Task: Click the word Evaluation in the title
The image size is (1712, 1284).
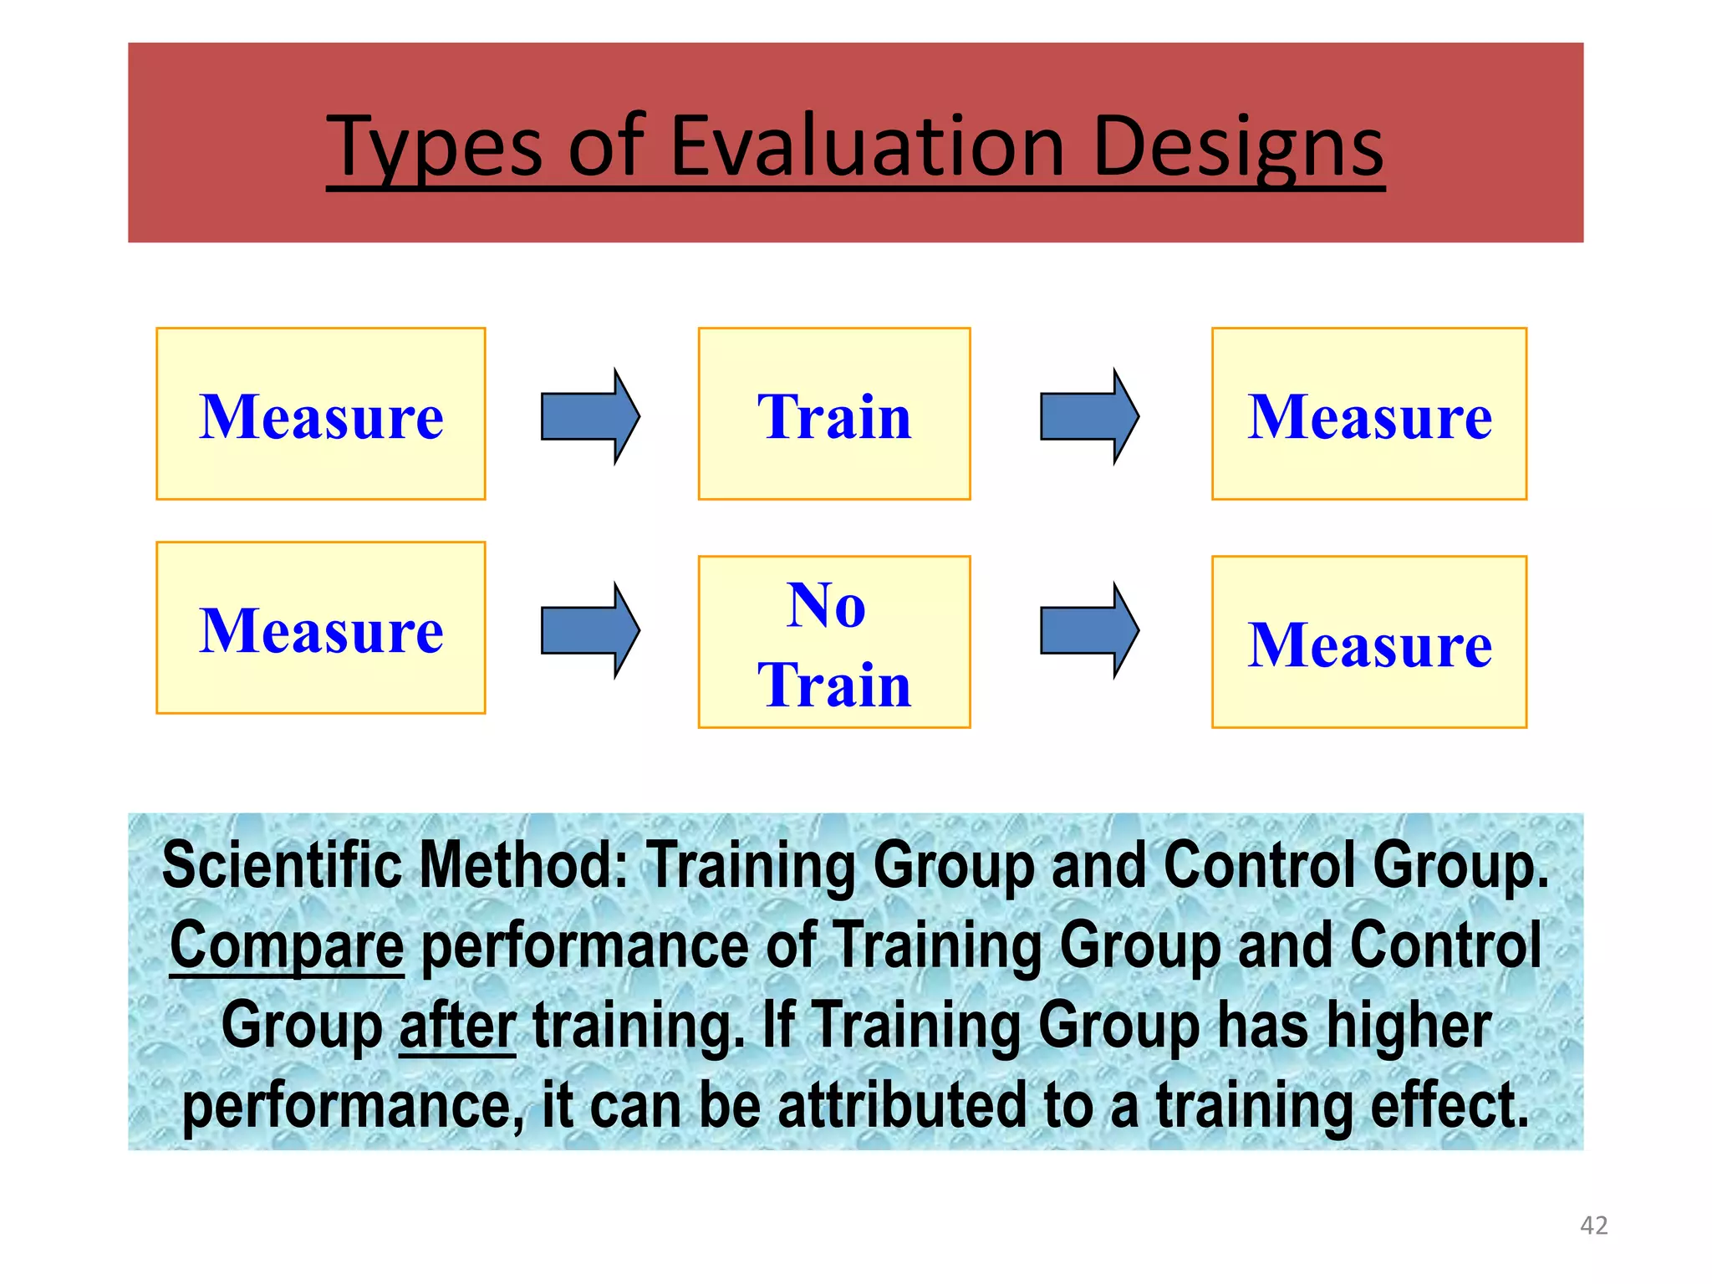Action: [867, 147]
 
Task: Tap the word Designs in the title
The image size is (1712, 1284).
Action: [1238, 147]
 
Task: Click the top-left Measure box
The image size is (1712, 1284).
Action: [321, 415]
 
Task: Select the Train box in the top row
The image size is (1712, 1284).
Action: [834, 415]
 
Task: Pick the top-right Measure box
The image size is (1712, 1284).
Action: [1369, 415]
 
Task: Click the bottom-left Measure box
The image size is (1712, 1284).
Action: [321, 629]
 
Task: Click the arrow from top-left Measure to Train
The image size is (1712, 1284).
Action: [589, 416]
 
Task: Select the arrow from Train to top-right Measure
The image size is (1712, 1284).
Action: [1088, 416]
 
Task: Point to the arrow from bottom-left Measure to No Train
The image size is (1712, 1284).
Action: [589, 630]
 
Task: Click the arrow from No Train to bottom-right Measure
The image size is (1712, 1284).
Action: [1088, 630]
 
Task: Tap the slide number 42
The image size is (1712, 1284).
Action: [1593, 1225]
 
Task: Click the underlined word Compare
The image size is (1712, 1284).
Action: [287, 945]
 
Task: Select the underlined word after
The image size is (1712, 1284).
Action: [457, 1026]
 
